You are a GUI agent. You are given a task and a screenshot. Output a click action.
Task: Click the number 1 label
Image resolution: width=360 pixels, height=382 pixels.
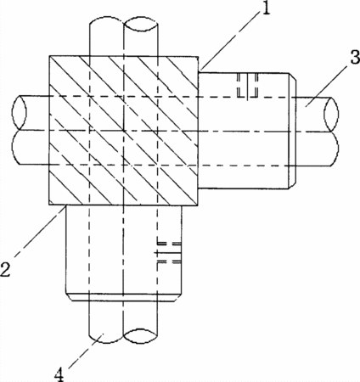265,8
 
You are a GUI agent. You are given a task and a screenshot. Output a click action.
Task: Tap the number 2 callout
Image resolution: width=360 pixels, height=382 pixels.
6,269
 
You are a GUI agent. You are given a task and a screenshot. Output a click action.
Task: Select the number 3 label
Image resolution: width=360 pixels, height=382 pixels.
355,57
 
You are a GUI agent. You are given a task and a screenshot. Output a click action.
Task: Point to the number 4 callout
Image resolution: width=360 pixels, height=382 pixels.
59,374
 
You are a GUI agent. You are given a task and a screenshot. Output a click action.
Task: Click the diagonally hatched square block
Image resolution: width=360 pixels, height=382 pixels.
124,131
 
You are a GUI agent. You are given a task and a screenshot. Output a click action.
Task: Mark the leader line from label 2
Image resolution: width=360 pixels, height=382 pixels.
38,232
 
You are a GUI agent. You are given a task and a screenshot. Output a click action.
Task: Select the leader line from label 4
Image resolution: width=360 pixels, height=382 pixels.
86,351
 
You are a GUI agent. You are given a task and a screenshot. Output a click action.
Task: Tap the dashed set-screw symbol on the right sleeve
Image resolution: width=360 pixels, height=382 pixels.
248,86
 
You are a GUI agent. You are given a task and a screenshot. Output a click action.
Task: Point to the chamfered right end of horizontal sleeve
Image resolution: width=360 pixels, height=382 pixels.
292,131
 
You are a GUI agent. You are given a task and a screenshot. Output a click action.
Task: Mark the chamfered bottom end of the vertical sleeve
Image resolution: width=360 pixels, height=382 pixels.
123,297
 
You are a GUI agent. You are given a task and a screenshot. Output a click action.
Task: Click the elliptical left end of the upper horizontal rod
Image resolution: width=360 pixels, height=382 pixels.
20,113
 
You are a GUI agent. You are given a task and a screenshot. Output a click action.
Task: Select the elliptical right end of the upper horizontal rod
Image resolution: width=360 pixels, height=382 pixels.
331,114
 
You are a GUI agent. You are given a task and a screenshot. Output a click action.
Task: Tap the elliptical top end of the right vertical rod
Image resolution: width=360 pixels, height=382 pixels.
141,23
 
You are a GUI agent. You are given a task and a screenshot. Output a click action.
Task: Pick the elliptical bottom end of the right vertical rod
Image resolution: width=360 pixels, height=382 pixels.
141,336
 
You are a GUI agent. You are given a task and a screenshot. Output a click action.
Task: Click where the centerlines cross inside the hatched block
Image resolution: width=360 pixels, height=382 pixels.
124,131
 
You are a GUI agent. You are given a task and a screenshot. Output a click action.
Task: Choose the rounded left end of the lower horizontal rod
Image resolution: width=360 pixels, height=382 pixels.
17,147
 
